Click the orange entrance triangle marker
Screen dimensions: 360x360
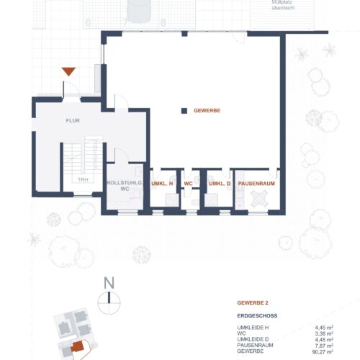tap(68, 71)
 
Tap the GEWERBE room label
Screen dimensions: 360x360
tap(207, 111)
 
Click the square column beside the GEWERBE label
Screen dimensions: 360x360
tap(184, 111)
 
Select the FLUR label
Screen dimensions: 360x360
tap(73, 120)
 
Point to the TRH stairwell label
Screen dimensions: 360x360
tap(83, 179)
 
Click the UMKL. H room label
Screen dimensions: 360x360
tap(162, 184)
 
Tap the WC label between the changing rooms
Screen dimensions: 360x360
tap(188, 184)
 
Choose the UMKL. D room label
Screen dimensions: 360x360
tap(220, 184)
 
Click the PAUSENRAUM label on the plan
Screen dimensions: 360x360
tap(256, 184)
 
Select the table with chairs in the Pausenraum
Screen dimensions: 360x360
tap(259, 199)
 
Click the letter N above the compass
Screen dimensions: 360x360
tap(109, 283)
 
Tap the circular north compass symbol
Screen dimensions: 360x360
tap(109, 303)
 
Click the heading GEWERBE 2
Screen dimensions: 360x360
tap(253, 303)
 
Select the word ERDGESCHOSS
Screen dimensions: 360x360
tap(257, 315)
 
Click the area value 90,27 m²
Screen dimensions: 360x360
tap(323, 352)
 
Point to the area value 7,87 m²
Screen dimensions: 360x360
tap(324, 346)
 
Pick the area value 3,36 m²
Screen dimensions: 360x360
tap(324, 333)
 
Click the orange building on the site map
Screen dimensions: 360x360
tap(77, 346)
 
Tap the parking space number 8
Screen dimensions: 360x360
tap(163, 23)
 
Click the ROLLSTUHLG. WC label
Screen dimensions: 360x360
tap(125, 186)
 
